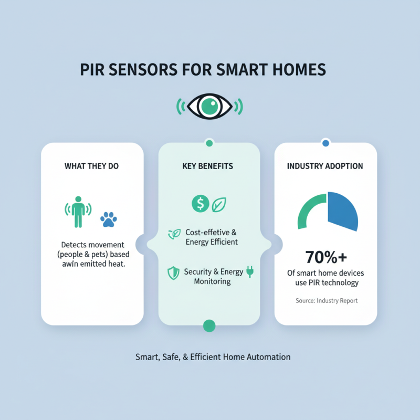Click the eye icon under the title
click(209, 107)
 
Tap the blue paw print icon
click(109, 219)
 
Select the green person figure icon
click(78, 212)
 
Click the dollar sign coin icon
click(200, 204)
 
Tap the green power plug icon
click(250, 271)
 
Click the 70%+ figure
click(325, 258)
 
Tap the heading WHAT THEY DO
click(92, 166)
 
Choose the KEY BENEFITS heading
click(209, 166)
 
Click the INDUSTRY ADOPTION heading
click(325, 166)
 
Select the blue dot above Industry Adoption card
click(325, 143)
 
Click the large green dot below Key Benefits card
click(209, 326)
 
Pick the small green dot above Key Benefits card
click(209, 143)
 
